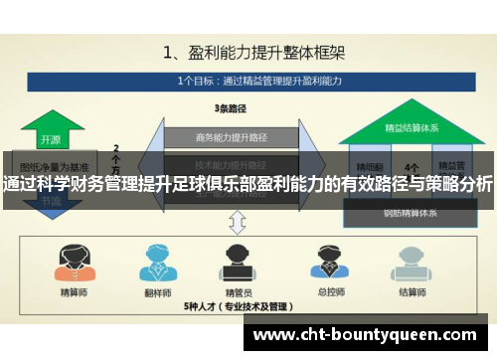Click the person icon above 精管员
click(237, 261)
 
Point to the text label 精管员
click(237, 293)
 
